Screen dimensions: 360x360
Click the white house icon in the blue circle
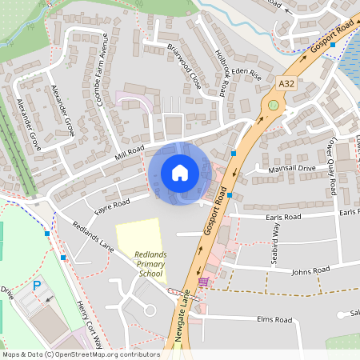pyautogui.click(x=180, y=173)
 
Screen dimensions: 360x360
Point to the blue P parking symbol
pyautogui.click(x=36, y=286)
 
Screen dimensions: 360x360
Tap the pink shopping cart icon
pyautogui.click(x=204, y=282)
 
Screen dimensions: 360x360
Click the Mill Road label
pyautogui.click(x=129, y=150)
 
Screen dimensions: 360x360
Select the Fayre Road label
pyautogui.click(x=112, y=205)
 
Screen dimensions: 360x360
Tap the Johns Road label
pyautogui.click(x=311, y=271)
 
